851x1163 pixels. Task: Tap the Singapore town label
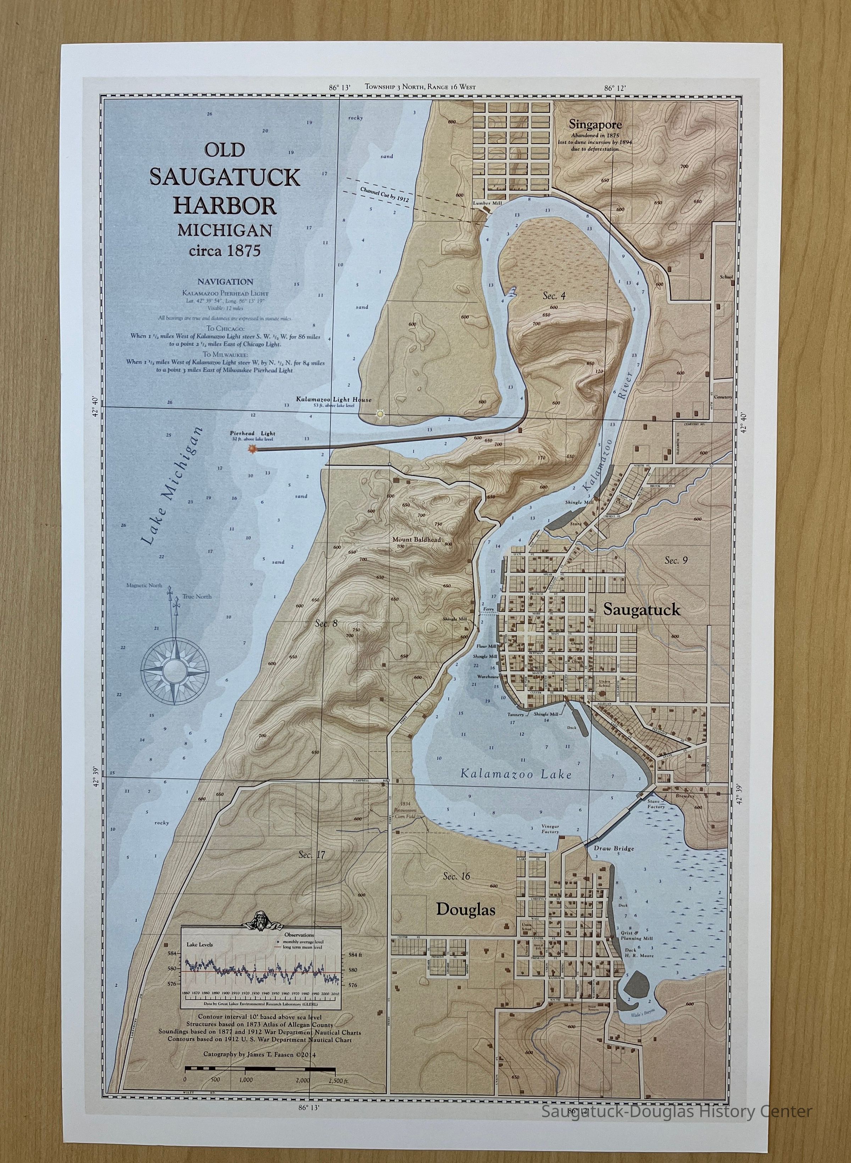click(x=595, y=124)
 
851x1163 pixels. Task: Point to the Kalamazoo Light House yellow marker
click(x=380, y=414)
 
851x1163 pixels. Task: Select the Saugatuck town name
click(x=641, y=610)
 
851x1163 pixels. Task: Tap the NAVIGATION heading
click(x=225, y=282)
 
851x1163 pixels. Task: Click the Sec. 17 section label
click(x=312, y=855)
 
